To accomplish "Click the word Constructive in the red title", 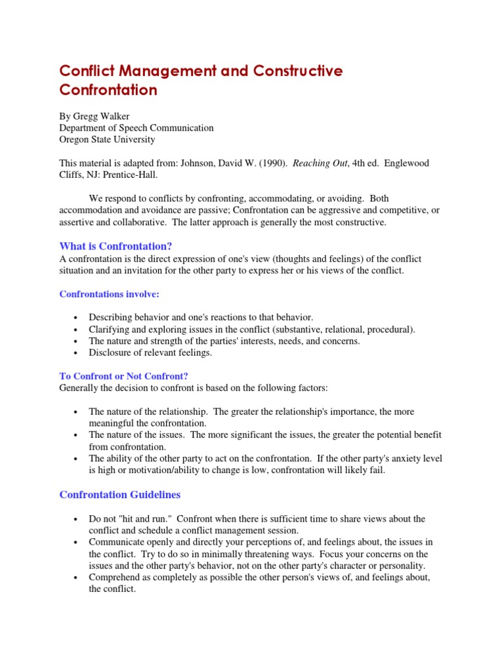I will tap(294, 71).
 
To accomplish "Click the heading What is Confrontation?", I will tap(115, 246).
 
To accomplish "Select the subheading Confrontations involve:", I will tap(110, 294).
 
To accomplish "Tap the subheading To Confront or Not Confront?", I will tap(123, 376).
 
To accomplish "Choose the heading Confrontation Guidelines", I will tap(120, 494).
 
